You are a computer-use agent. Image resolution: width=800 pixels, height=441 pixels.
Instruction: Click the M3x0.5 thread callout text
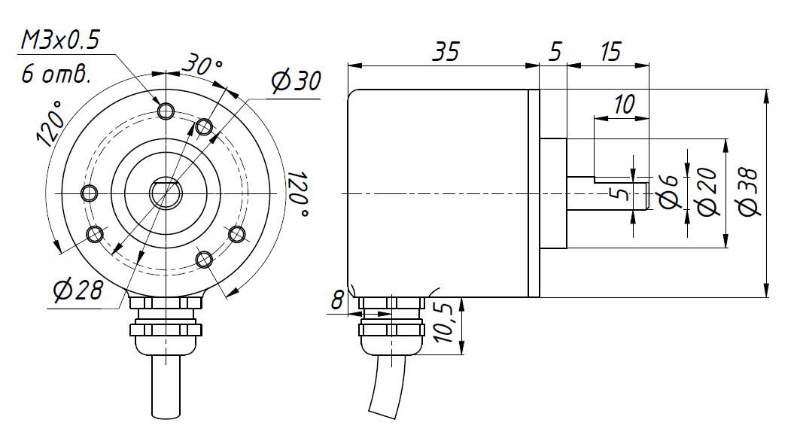click(x=59, y=41)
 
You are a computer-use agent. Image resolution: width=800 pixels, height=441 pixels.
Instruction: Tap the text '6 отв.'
click(x=56, y=75)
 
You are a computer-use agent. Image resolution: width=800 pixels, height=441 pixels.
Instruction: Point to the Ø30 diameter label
click(x=296, y=81)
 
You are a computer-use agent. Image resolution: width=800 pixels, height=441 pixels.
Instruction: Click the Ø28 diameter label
click(x=78, y=290)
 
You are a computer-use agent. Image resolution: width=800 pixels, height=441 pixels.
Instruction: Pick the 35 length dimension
click(x=446, y=52)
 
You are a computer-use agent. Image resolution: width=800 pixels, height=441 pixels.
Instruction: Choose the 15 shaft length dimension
click(x=610, y=52)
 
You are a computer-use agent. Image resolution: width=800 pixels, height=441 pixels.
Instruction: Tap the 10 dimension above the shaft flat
click(x=623, y=104)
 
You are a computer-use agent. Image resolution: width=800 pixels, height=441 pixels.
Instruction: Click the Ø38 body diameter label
click(x=749, y=193)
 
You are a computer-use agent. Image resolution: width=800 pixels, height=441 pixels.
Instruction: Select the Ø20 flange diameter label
click(x=707, y=192)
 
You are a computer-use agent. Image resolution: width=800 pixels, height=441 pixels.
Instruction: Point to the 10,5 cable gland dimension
click(x=443, y=323)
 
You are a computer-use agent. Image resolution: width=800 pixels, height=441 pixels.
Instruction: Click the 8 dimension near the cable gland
click(x=337, y=300)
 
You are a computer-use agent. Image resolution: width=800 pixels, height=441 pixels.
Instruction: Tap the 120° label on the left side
click(x=50, y=123)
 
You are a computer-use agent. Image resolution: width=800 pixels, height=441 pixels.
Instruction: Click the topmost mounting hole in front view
click(x=166, y=110)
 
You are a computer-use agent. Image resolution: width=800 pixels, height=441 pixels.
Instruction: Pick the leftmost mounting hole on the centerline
click(x=90, y=193)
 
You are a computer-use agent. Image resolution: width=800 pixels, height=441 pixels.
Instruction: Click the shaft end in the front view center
click(x=166, y=193)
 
